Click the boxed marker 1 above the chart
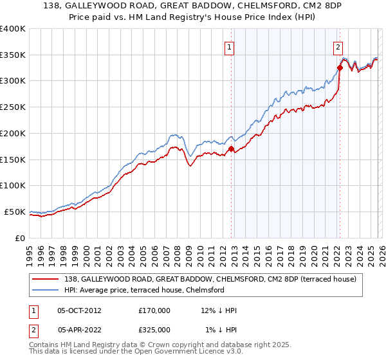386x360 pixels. click(230, 46)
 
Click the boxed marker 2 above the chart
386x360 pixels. click(338, 46)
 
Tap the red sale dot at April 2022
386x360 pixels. click(339, 67)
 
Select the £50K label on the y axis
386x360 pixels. click(14, 212)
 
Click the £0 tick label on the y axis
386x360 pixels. click(21, 238)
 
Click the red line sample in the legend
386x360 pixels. click(47, 278)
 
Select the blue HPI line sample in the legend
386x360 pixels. click(47, 290)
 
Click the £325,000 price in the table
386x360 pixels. click(154, 329)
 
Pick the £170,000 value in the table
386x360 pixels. click(154, 310)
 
